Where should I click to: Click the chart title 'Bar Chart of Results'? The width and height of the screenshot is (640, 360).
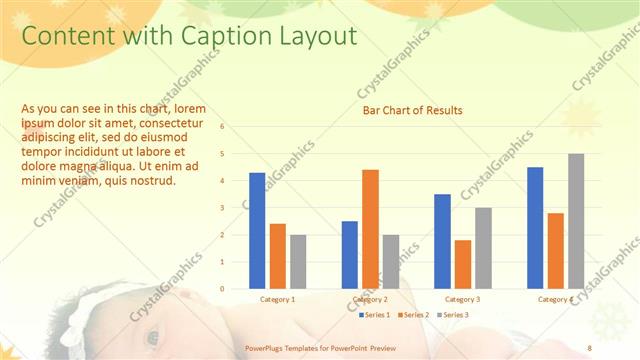412,109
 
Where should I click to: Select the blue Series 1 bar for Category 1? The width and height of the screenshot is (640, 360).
257,230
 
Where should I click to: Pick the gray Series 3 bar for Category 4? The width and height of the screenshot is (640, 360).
576,221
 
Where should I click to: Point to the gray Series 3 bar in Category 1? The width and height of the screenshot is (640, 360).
298,261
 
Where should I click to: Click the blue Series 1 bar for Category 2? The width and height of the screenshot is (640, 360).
350,254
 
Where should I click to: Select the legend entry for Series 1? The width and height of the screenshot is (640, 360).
375,315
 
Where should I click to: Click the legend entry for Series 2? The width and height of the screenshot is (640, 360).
412,315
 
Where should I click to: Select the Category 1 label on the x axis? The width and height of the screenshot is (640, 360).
277,299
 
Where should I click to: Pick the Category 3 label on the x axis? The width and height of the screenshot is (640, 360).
463,299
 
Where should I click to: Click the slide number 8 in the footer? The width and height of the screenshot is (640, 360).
589,347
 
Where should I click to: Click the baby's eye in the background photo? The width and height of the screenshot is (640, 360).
152,337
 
